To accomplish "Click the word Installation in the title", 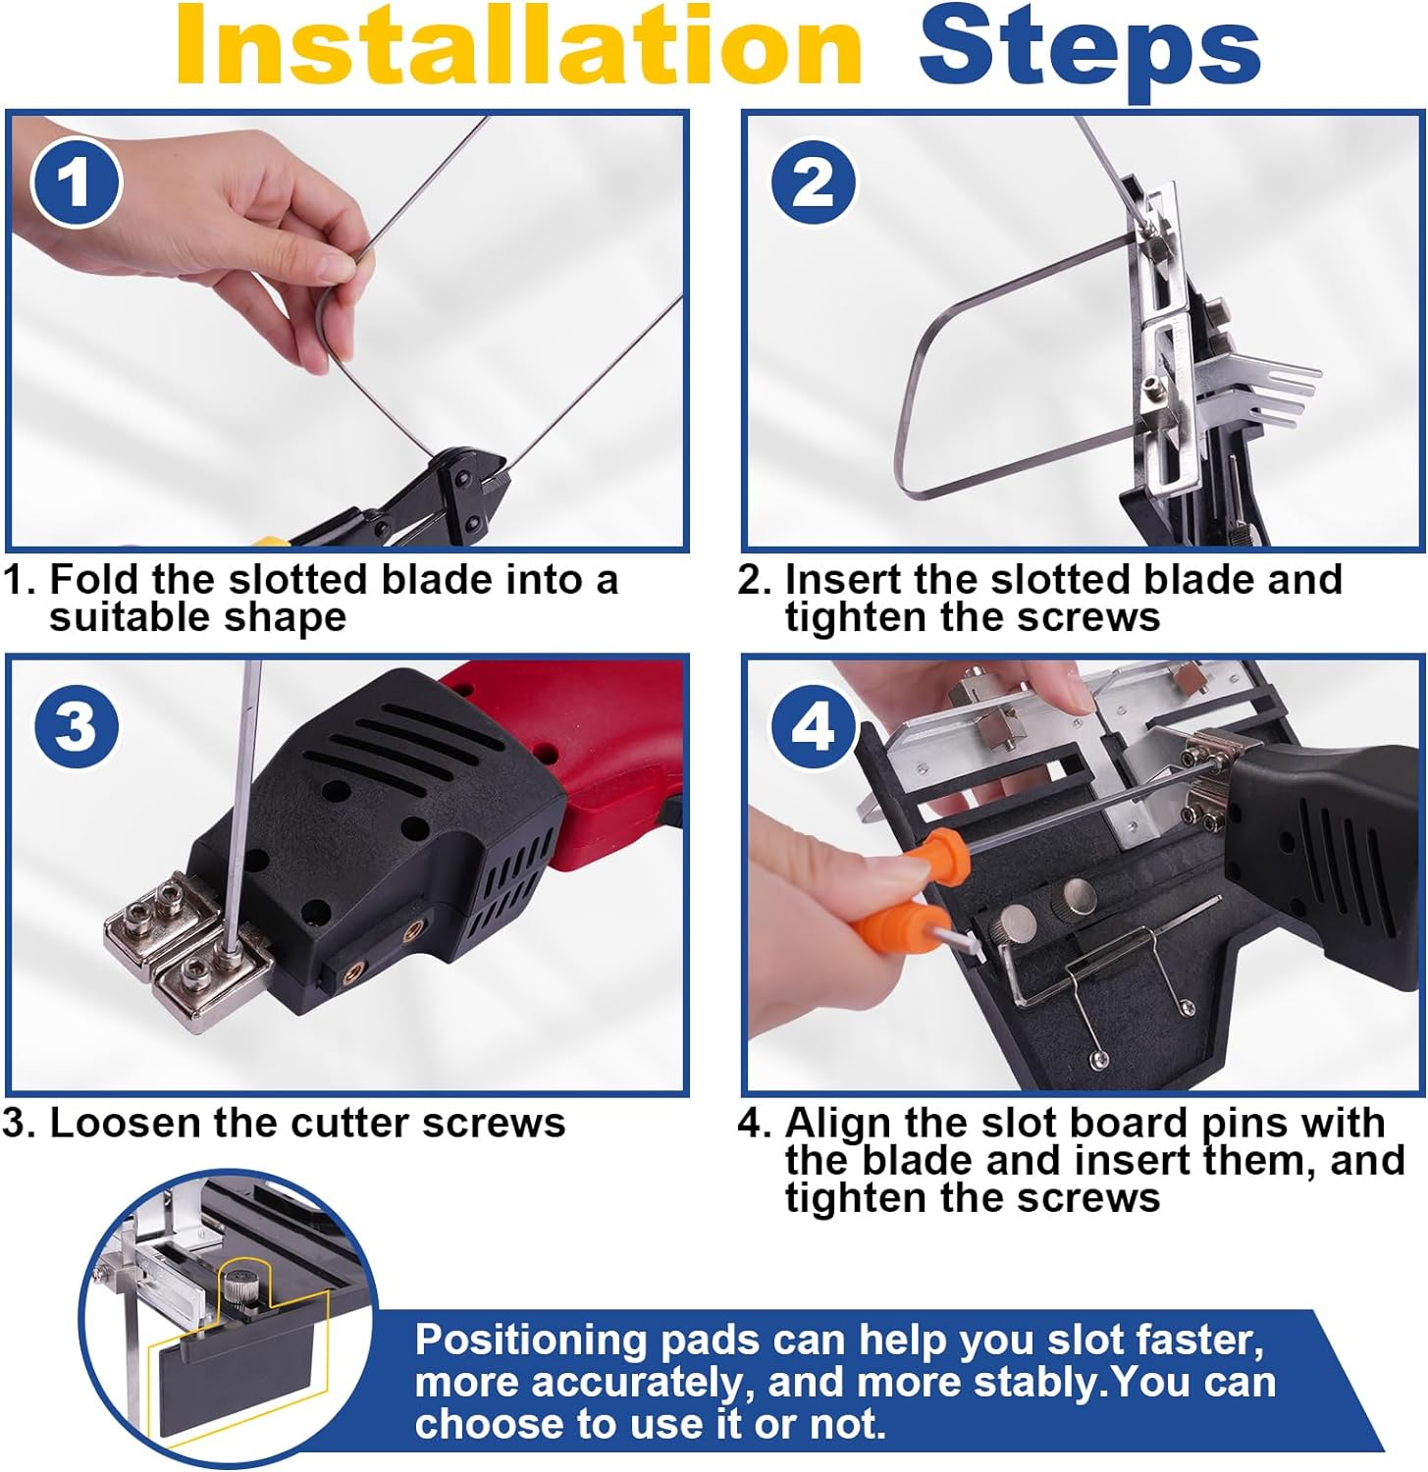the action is [518, 47].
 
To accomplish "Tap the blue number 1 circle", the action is [76, 184].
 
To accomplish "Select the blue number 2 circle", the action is [814, 184].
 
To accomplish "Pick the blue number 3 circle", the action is [76, 728].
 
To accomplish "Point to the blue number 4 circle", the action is [814, 728].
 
